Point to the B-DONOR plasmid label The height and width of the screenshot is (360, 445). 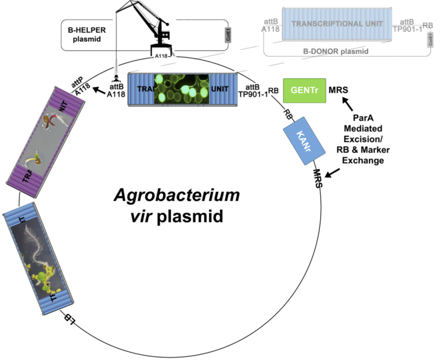click(x=335, y=51)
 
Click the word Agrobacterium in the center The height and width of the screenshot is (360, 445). click(x=176, y=195)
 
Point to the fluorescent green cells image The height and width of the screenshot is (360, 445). click(x=182, y=89)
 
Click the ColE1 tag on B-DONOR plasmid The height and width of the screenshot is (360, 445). click(x=430, y=41)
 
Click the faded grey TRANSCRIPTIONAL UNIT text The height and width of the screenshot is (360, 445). click(x=337, y=23)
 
